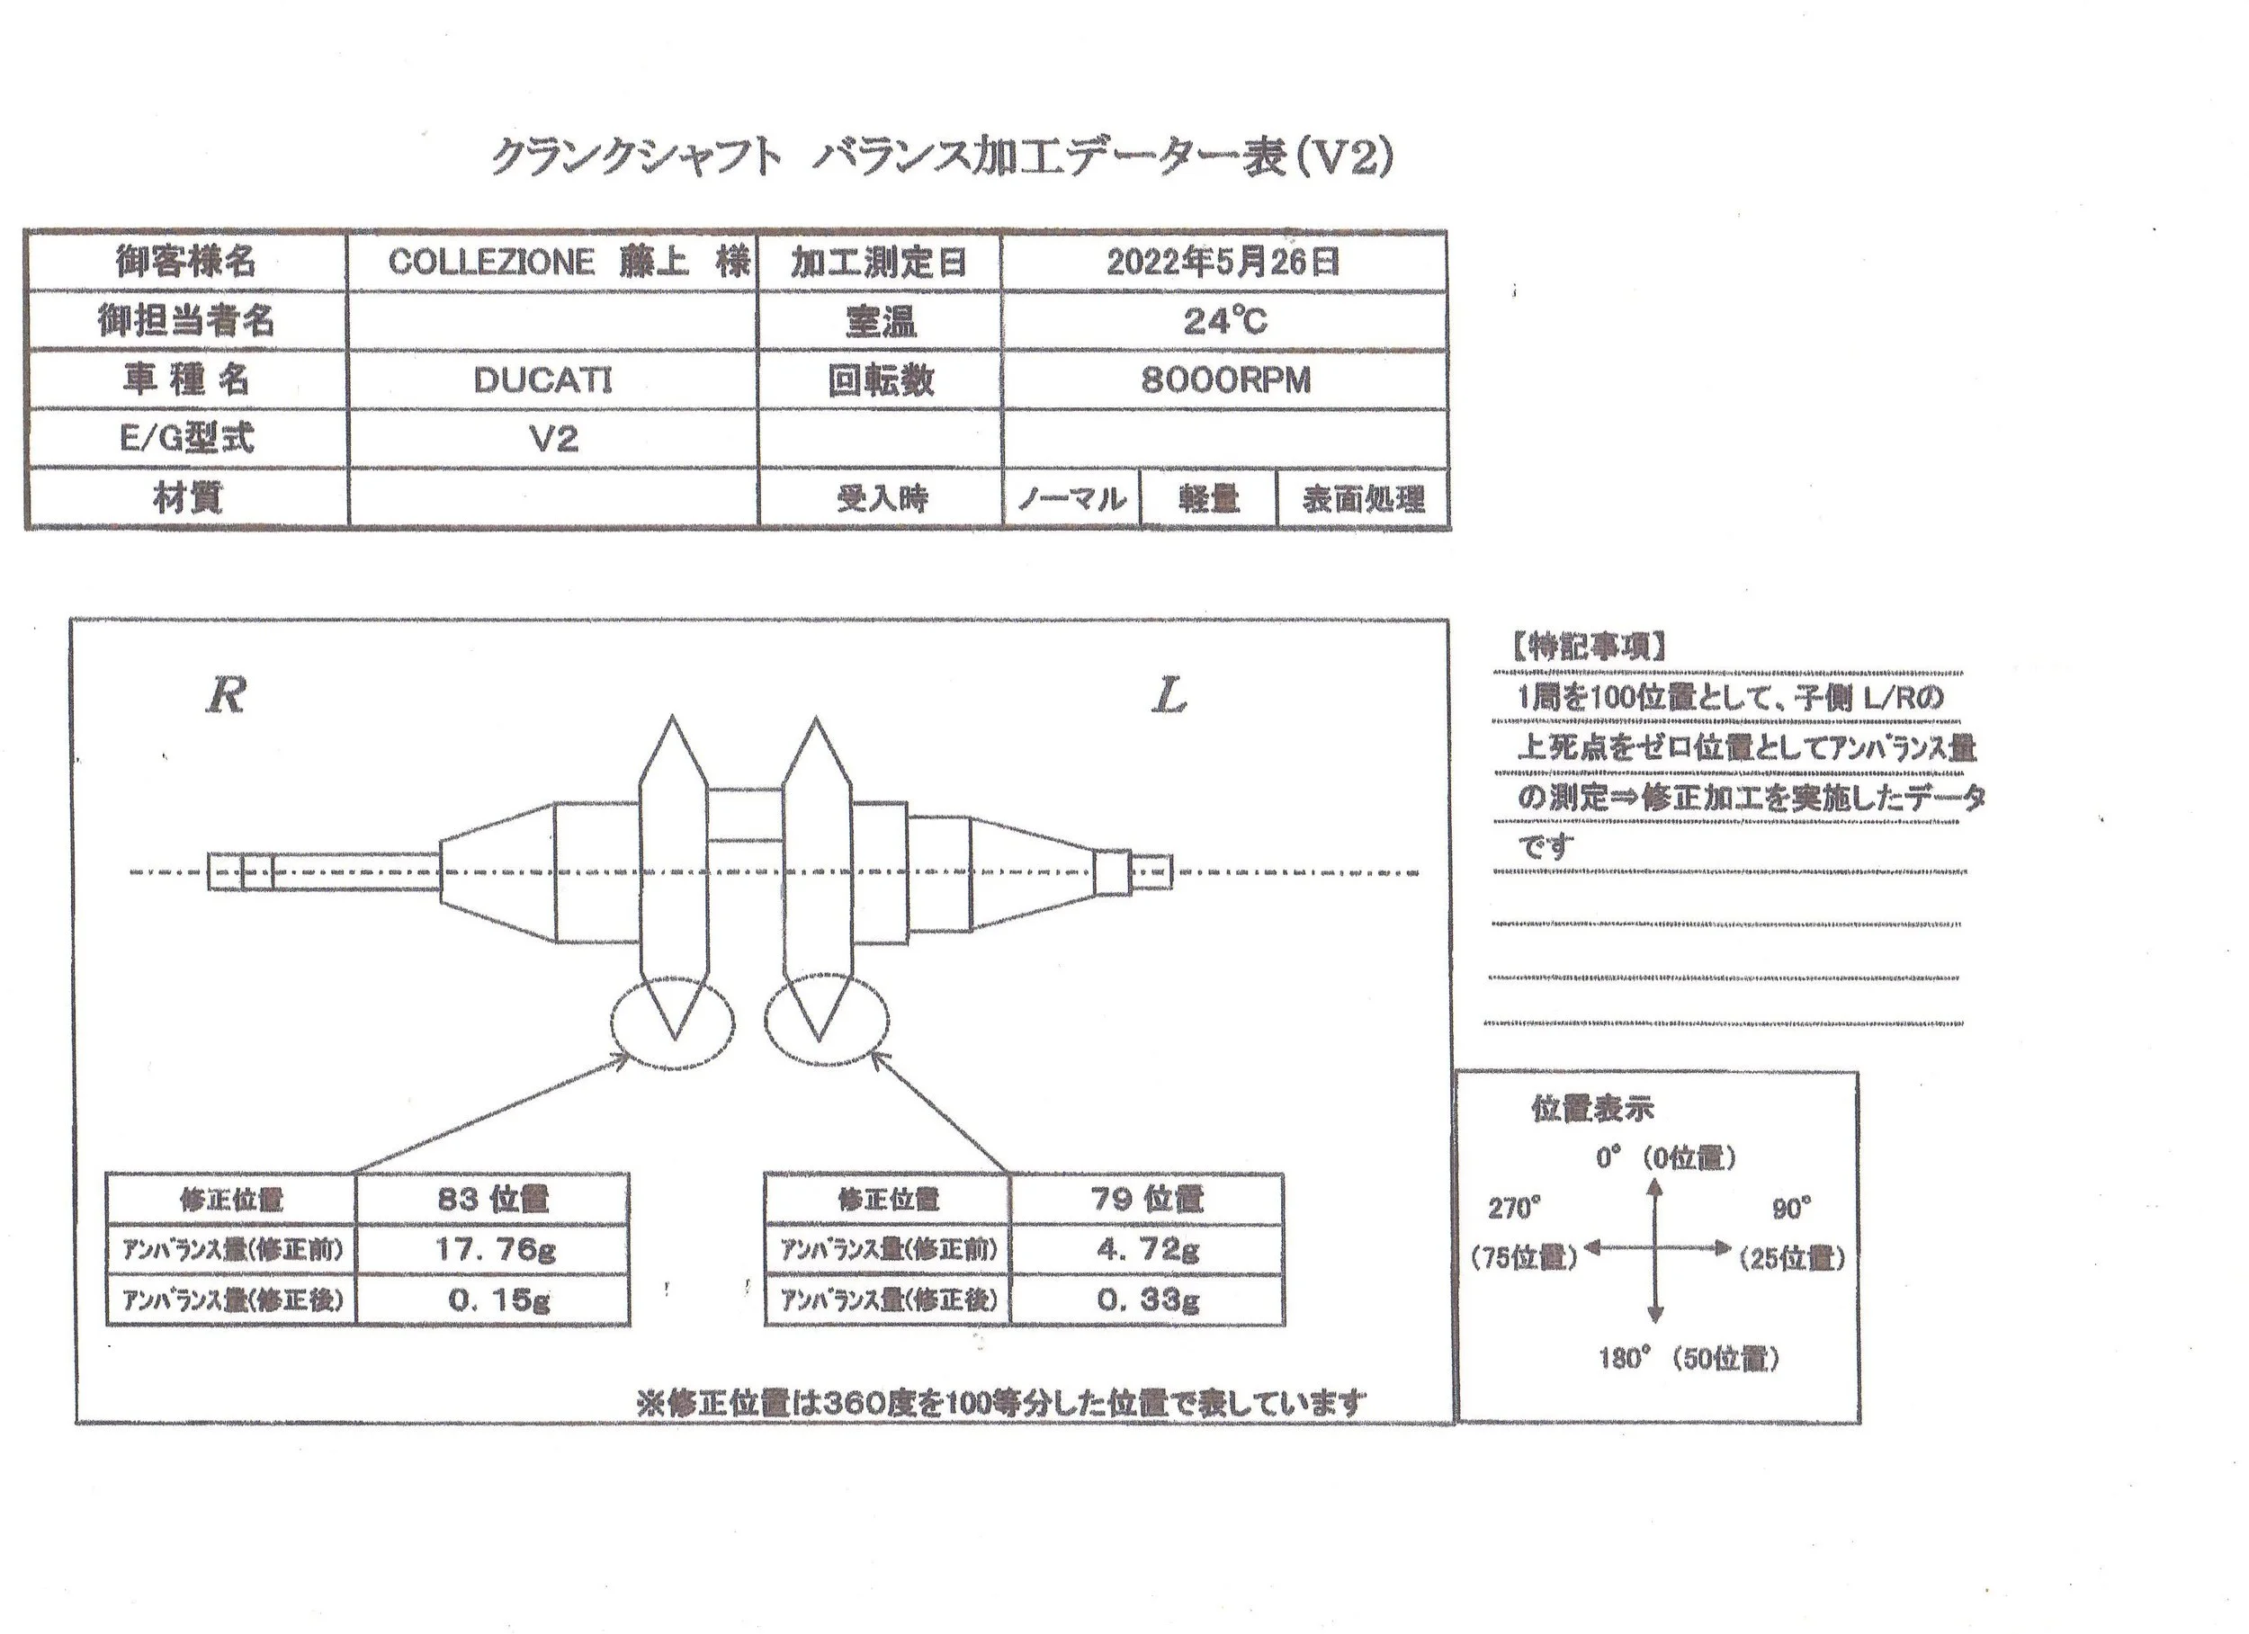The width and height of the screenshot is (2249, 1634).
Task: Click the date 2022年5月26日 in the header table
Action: (1223, 262)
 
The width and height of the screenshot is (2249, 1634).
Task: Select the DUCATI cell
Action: (542, 379)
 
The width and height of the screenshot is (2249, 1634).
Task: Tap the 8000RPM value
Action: (1225, 379)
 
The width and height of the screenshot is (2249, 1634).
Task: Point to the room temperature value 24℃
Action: (1224, 321)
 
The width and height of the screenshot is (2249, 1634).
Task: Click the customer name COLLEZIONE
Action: (491, 262)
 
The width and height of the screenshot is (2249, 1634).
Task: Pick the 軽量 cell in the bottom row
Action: (1209, 499)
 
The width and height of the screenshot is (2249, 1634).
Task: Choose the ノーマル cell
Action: (1072, 499)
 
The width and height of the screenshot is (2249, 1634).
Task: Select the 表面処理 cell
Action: (1364, 499)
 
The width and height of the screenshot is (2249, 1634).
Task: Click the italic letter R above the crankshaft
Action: (226, 695)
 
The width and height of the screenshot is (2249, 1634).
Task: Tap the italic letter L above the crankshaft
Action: (1170, 697)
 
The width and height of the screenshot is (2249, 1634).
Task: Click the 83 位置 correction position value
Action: (493, 1199)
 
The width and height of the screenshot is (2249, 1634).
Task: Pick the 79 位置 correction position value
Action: (1147, 1199)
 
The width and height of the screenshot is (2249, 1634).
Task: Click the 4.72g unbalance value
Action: (1147, 1249)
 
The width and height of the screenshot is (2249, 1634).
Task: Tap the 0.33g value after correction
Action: (1148, 1299)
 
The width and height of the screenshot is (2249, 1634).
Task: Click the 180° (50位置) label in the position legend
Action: (1689, 1357)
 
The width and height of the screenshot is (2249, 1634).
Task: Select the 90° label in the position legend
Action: (1792, 1209)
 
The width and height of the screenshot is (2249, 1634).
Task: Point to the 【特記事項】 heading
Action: (1589, 647)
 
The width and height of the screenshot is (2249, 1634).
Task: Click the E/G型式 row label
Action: (186, 438)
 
